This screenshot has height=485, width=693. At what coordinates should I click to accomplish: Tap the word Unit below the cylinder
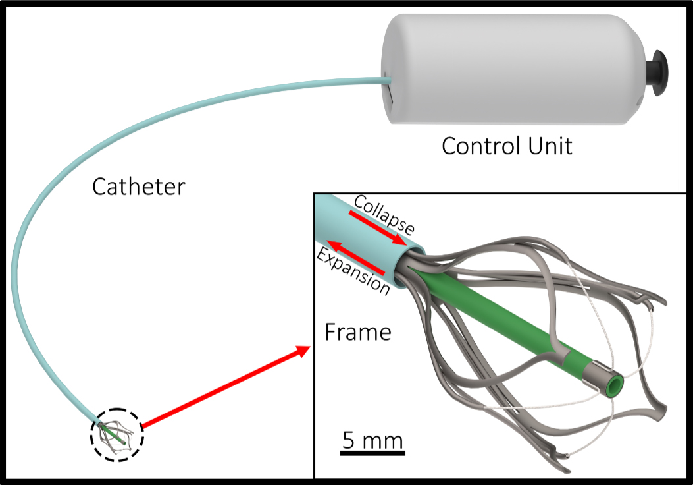tap(548, 146)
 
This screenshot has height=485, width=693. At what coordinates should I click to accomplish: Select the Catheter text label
tap(138, 186)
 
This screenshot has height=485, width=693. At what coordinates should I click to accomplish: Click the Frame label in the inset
tap(358, 331)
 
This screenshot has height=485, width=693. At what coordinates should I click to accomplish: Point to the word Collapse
tap(384, 215)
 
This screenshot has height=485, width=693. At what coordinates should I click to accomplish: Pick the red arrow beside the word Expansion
tap(359, 258)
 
